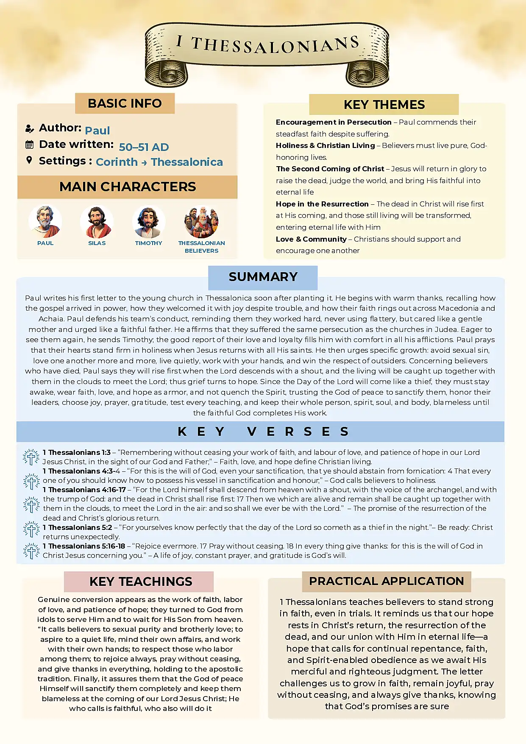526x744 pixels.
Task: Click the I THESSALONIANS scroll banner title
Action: pos(267,45)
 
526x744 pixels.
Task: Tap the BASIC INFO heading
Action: pos(125,103)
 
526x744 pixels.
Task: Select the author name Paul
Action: pos(97,130)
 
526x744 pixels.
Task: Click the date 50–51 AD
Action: pos(144,147)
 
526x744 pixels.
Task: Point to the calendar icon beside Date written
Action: pos(29,145)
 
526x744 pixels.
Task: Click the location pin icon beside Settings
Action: pos(29,160)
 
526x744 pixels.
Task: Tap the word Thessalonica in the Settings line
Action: pos(186,162)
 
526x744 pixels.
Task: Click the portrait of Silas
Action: pos(97,222)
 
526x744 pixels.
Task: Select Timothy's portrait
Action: pos(148,222)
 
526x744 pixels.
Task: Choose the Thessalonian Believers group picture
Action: pos(201,222)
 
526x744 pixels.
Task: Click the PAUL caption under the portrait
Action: pos(45,243)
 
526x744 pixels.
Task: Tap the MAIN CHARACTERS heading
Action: pos(128,187)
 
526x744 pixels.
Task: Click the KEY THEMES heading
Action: pos(384,105)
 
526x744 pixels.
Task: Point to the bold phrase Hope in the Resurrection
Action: pos(322,204)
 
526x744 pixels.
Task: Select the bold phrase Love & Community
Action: pos(311,239)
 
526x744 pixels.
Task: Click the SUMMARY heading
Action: pos(263,277)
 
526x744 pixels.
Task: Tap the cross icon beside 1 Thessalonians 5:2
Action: pos(31,530)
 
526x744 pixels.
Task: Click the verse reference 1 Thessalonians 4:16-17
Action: pos(84,490)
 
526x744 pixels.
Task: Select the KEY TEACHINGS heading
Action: pos(141,582)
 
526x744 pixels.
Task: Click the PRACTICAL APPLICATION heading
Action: pos(386,581)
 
